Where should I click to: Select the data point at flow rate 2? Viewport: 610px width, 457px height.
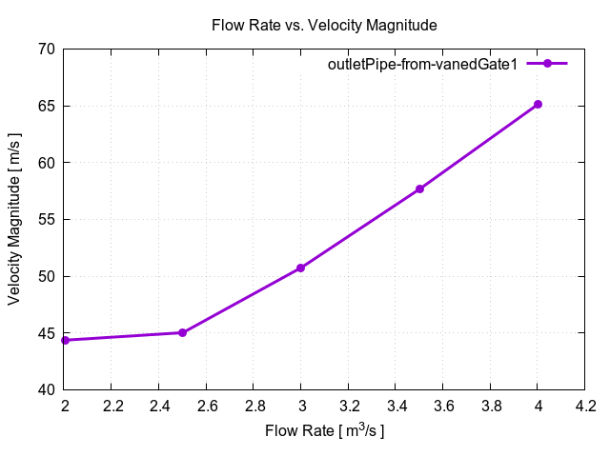65,340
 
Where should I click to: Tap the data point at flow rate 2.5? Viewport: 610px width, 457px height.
182,332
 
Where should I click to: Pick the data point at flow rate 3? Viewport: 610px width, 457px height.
300,268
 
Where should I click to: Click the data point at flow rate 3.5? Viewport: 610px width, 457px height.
419,189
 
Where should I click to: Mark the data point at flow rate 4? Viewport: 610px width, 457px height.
538,104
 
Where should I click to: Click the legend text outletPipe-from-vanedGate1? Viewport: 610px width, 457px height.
422,64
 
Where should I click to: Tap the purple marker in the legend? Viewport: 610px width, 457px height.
547,64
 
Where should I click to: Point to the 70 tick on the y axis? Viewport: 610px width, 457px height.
46,49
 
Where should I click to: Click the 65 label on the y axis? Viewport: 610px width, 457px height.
46,106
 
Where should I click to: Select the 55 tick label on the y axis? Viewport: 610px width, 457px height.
46,220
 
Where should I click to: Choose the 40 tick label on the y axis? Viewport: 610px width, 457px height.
46,390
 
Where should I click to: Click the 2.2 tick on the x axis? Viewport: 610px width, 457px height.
112,407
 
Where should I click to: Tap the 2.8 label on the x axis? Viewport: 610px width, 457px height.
254,407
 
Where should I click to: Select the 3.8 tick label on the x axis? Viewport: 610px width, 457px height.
490,407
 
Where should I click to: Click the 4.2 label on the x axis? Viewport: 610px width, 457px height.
584,407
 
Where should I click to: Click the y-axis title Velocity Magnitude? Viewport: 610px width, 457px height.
14,220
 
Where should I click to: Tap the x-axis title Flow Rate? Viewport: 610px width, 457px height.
324,431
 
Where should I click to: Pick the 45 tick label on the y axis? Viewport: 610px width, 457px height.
46,333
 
